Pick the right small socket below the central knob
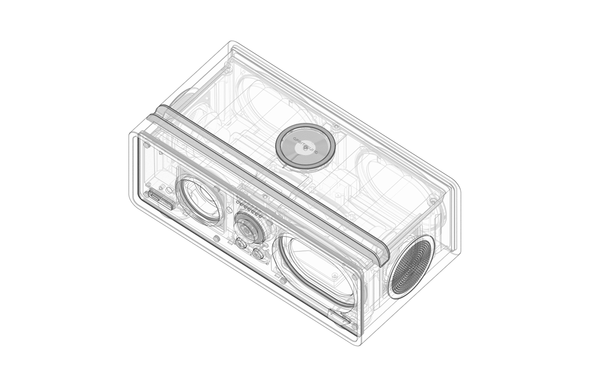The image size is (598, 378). point(258,253)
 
